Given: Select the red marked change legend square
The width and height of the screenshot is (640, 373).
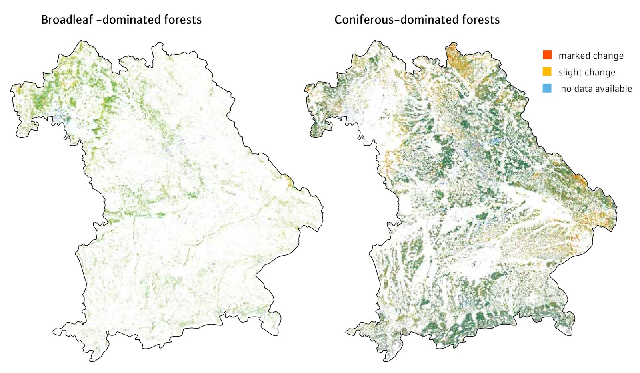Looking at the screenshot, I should tap(547, 55).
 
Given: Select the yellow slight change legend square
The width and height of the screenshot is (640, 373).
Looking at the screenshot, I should tap(547, 71).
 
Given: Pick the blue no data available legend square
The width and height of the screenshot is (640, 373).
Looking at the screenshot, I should tap(547, 88).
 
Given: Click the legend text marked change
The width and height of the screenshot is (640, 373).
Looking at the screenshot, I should tap(591, 56).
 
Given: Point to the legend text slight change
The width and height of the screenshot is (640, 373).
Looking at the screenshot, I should tap(587, 73).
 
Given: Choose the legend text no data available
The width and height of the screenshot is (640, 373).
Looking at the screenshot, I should tap(596, 89).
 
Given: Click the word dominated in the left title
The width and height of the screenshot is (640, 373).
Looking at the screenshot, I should tap(128, 20).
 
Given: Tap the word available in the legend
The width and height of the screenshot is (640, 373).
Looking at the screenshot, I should tap(614, 89).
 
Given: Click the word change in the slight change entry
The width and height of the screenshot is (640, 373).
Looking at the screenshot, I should tap(601, 73).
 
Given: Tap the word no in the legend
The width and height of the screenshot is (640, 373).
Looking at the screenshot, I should tap(566, 89).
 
